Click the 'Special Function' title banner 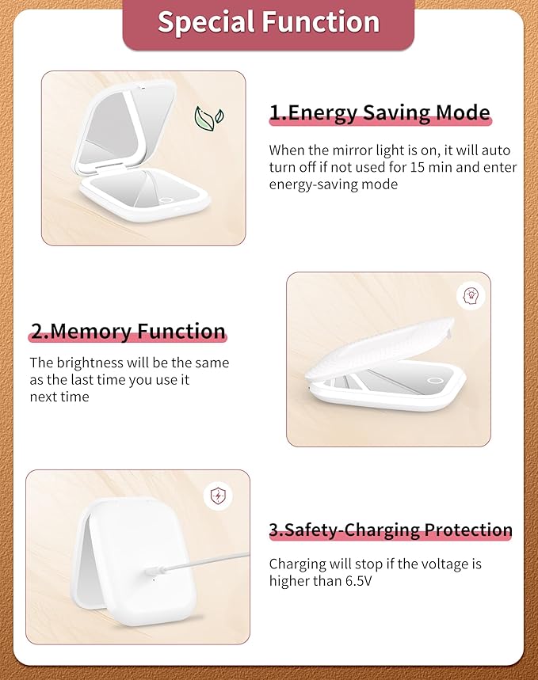coord(268,23)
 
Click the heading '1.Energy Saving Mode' coord(380,112)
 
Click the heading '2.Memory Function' coord(128,331)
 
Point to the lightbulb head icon coord(471,296)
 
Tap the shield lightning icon coord(217,496)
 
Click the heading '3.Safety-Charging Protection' coord(391,530)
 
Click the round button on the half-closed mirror coord(435,382)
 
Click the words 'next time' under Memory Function coord(59,397)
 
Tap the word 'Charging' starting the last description coord(296,564)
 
